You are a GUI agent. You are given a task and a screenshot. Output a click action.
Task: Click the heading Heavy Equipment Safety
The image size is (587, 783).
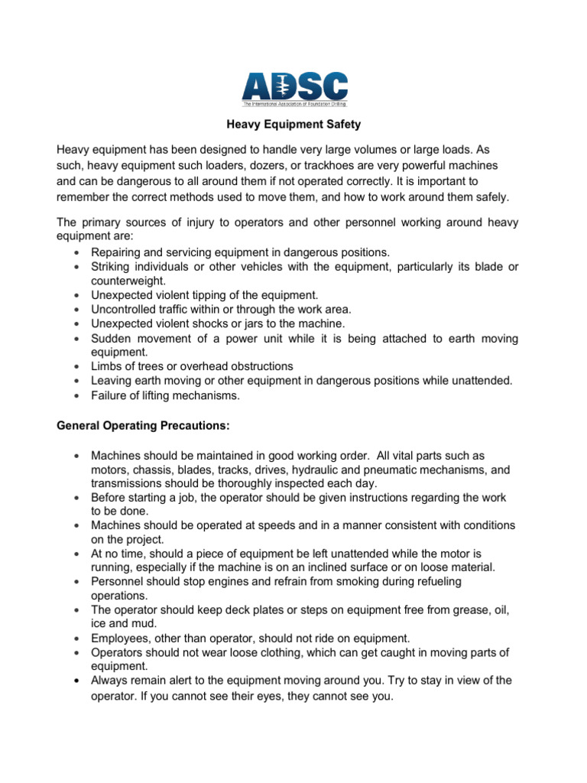293,122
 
